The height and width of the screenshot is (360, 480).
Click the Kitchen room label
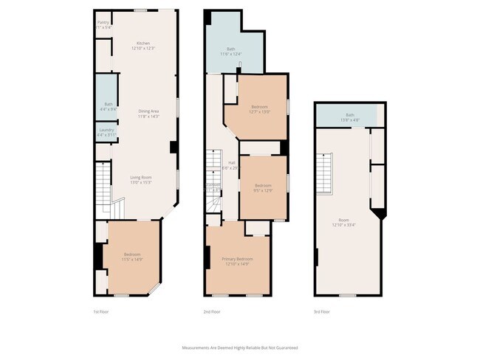pyautogui.click(x=143, y=46)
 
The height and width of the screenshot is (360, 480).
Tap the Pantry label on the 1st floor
pyautogui.click(x=103, y=25)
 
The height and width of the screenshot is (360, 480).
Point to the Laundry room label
pyautogui.click(x=107, y=133)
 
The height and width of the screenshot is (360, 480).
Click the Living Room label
pyautogui.click(x=140, y=179)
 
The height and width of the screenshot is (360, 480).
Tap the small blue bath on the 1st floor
pyautogui.click(x=108, y=106)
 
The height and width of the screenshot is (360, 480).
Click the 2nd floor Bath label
pyautogui.click(x=230, y=51)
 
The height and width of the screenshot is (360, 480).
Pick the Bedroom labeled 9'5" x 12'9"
pyautogui.click(x=264, y=187)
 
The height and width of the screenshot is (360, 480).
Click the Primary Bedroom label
pyautogui.click(x=237, y=261)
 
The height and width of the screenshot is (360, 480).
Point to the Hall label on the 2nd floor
pyautogui.click(x=231, y=165)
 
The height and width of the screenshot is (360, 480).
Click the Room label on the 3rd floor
pyautogui.click(x=343, y=222)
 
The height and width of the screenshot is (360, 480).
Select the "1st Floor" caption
pyautogui.click(x=101, y=312)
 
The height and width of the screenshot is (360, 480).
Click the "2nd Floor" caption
pyautogui.click(x=212, y=312)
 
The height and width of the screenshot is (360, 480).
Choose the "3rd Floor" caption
pyautogui.click(x=321, y=312)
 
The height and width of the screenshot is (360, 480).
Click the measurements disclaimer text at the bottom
pyautogui.click(x=240, y=347)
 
